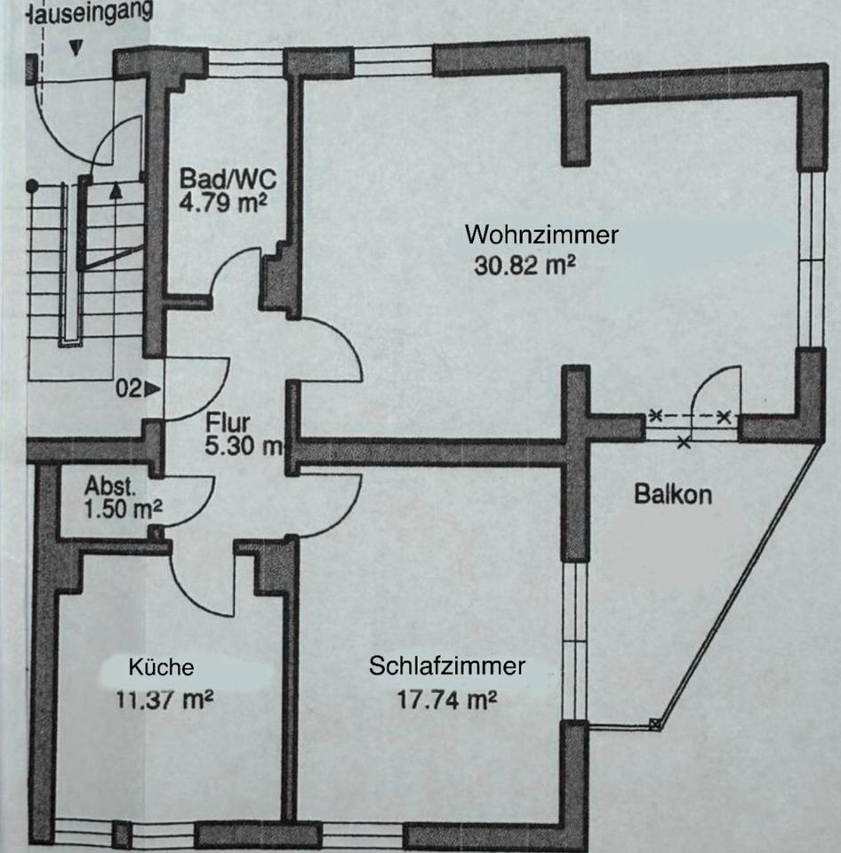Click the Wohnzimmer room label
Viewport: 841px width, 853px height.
(x=541, y=235)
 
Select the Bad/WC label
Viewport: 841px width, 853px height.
(x=228, y=177)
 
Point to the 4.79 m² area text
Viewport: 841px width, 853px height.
(x=225, y=202)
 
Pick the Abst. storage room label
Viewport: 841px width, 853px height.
(x=110, y=486)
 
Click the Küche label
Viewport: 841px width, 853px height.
(x=161, y=667)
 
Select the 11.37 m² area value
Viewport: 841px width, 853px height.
(x=164, y=698)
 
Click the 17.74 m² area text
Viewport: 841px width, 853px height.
(x=445, y=698)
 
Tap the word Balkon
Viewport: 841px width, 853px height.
(x=673, y=495)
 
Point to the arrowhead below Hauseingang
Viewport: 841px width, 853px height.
(x=76, y=48)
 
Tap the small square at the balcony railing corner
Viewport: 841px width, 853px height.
(x=656, y=723)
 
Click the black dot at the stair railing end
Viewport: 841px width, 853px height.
(x=32, y=186)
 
